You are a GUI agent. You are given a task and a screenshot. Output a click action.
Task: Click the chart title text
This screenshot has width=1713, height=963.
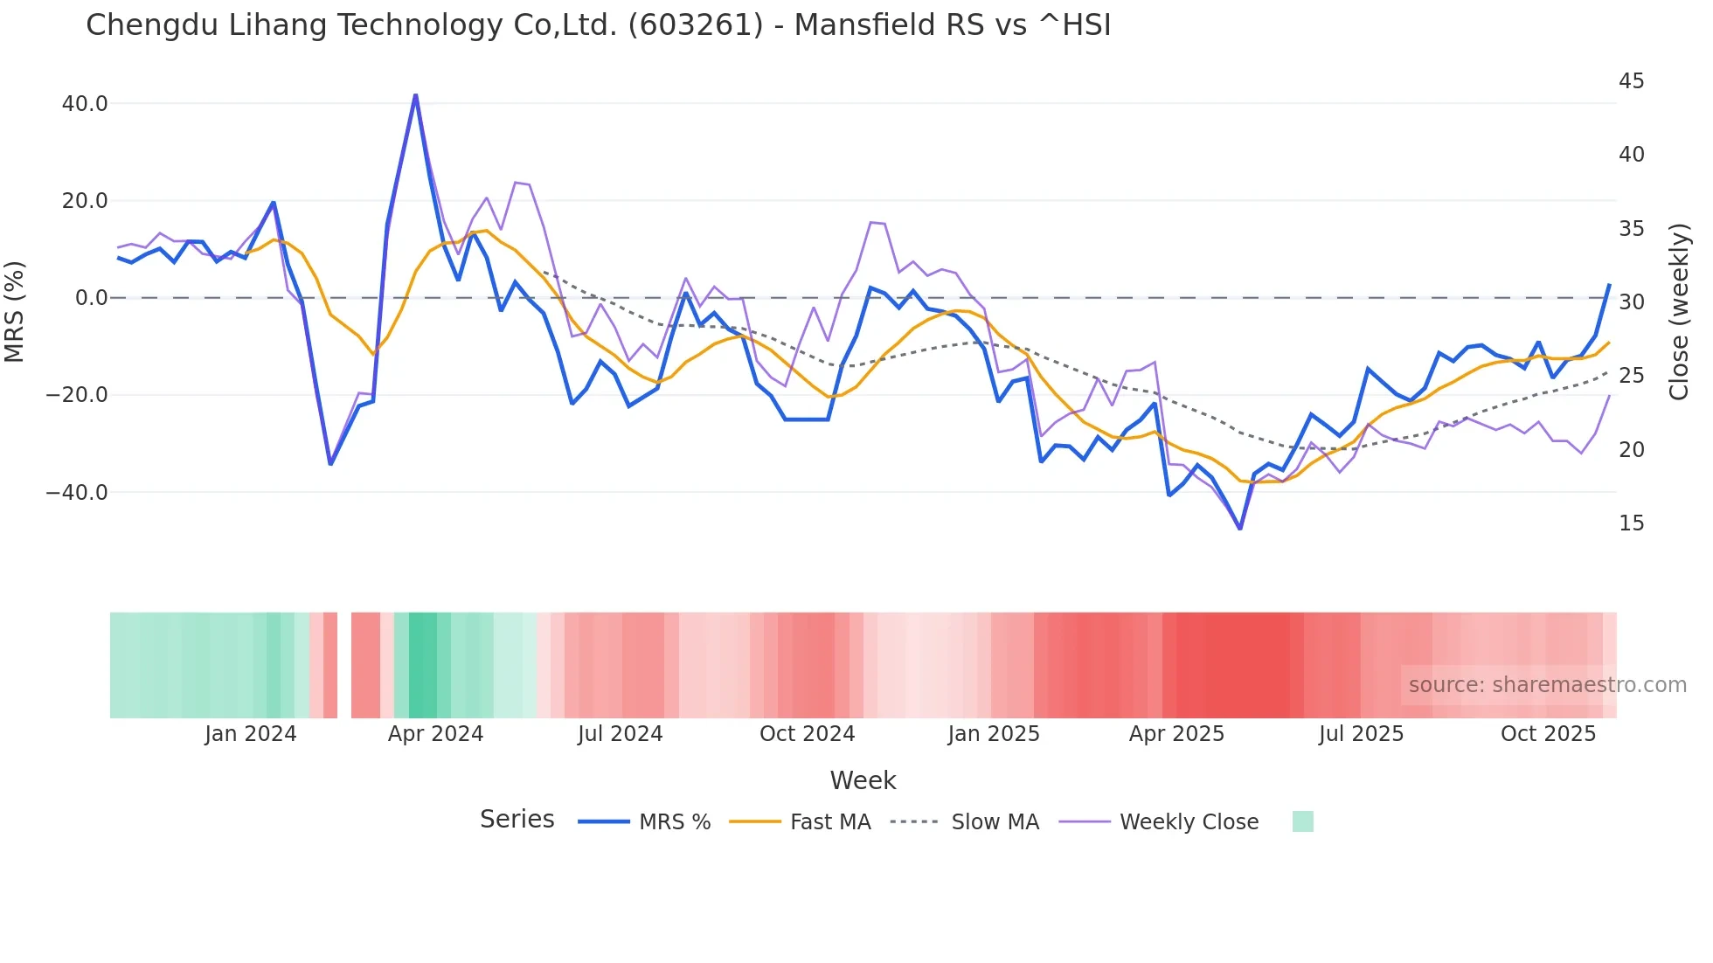coord(598,25)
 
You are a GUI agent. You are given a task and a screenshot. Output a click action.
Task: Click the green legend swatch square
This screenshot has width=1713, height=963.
coord(1302,821)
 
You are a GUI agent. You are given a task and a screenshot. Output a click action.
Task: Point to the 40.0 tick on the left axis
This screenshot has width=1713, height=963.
coord(85,104)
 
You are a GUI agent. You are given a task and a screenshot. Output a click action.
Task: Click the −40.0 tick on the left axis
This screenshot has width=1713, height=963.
coord(77,493)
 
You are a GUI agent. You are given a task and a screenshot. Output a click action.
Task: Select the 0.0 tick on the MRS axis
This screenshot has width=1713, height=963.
coord(92,298)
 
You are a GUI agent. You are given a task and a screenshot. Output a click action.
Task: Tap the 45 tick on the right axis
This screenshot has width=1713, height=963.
coord(1631,81)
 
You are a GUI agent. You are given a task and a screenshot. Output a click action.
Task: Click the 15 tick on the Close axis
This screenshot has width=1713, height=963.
coord(1631,523)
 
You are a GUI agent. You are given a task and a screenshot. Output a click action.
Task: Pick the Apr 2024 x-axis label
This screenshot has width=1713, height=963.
coord(435,734)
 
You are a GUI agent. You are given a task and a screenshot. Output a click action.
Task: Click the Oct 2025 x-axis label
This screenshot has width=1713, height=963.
coord(1548,734)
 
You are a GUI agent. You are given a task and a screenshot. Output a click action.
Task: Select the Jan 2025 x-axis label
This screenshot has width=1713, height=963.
coord(994,734)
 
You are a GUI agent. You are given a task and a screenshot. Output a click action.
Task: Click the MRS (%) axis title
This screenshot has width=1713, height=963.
coord(15,311)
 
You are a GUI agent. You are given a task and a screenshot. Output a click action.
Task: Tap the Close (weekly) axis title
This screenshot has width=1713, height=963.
coord(1679,312)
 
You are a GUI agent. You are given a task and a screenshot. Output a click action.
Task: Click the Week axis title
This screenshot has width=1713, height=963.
coord(863,780)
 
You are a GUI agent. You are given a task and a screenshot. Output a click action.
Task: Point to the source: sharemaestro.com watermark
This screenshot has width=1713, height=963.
coord(1547,685)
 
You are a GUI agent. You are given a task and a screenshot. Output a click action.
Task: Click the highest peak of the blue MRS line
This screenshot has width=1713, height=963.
coord(415,94)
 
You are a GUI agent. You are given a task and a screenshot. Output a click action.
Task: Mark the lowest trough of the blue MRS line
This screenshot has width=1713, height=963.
coord(1239,528)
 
